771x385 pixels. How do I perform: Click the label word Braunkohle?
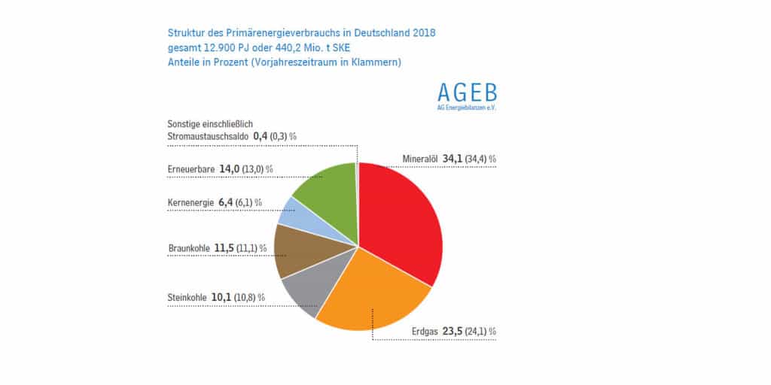[188, 247]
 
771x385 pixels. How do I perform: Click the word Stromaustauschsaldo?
[208, 137]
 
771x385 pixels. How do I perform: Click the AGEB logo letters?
[467, 92]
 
